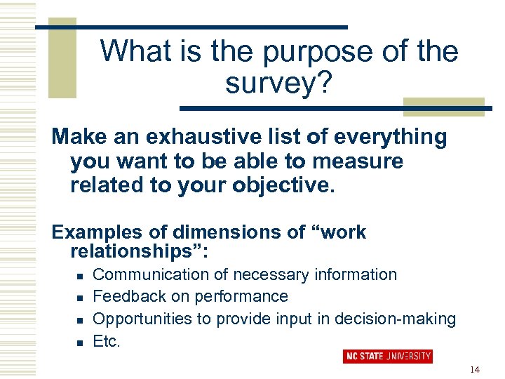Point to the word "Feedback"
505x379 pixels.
click(x=126, y=297)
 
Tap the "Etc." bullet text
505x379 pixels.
click(x=107, y=342)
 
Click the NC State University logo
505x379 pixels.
click(x=387, y=357)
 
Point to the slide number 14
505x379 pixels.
click(x=476, y=369)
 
